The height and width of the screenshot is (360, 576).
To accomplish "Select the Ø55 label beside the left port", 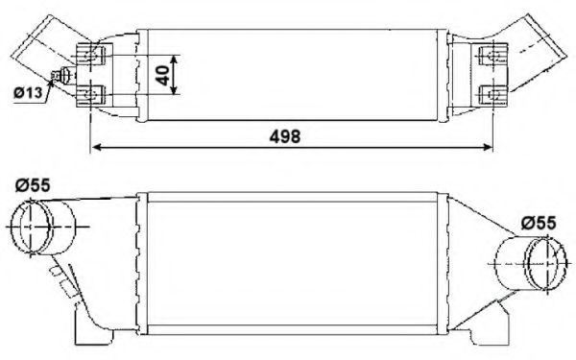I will [x=34, y=185].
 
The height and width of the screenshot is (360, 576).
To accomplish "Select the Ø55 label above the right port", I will [x=539, y=223].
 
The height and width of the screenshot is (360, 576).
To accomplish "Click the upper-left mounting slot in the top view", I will [x=94, y=53].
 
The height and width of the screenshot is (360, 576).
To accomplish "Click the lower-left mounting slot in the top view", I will [x=94, y=93].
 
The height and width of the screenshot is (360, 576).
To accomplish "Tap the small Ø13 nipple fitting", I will [x=65, y=77].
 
